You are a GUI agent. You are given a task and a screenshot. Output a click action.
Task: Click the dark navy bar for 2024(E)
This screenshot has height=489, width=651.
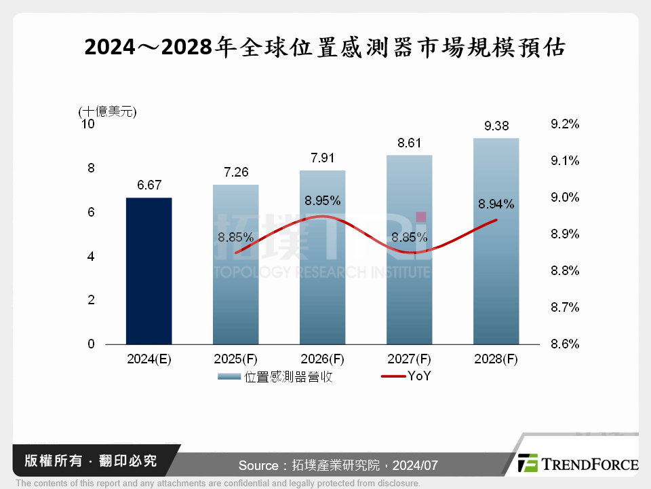click(x=149, y=271)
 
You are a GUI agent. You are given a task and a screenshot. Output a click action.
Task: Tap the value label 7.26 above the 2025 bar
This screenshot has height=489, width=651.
click(x=235, y=172)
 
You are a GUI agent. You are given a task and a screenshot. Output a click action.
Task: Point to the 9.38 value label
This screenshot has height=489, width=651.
click(x=496, y=126)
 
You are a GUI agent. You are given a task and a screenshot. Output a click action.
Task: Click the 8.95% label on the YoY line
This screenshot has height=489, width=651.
click(x=322, y=200)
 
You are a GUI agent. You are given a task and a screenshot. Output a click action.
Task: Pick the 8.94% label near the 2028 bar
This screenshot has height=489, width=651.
click(x=496, y=204)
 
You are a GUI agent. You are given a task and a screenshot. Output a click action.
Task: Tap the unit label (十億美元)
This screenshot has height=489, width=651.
click(x=107, y=111)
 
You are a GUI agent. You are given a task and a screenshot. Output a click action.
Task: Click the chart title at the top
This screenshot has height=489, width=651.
click(x=325, y=48)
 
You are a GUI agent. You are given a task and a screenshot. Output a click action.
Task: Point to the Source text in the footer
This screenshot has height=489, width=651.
click(x=338, y=466)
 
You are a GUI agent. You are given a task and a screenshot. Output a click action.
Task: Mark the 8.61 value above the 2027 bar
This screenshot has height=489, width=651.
click(x=409, y=143)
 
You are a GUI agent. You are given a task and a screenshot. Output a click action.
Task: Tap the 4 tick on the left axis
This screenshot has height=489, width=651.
click(x=91, y=257)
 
